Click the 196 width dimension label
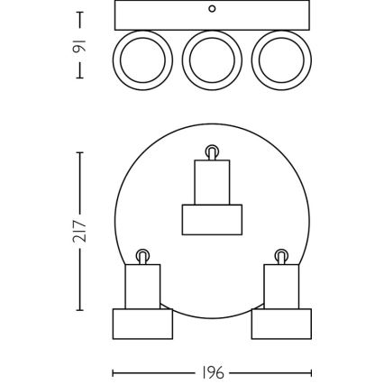coord(213,372)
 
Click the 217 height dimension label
coord(81,232)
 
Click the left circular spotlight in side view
coord(142,60)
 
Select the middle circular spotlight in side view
coord(212,60)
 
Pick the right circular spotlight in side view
coord(281,60)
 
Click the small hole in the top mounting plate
coord(212,10)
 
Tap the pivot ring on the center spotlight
coord(212,151)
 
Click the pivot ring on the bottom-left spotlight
coord(142,254)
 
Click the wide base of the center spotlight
coord(212,219)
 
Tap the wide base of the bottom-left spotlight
coord(142,324)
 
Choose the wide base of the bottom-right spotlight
coord(281,324)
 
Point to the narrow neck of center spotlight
coord(212,182)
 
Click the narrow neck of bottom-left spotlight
coord(142,287)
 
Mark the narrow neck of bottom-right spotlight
coord(281,287)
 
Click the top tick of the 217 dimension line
coord(81,153)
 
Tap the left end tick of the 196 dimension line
coord(113,372)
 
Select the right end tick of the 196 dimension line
coord(311,372)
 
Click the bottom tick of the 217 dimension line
coord(81,311)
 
